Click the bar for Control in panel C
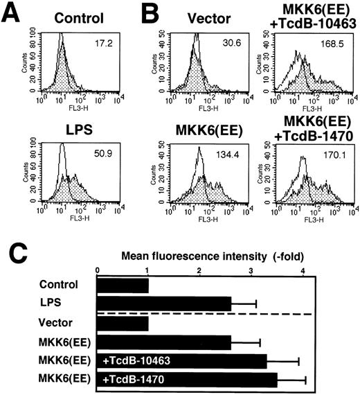tap(123, 284)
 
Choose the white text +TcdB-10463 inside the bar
tap(134, 360)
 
